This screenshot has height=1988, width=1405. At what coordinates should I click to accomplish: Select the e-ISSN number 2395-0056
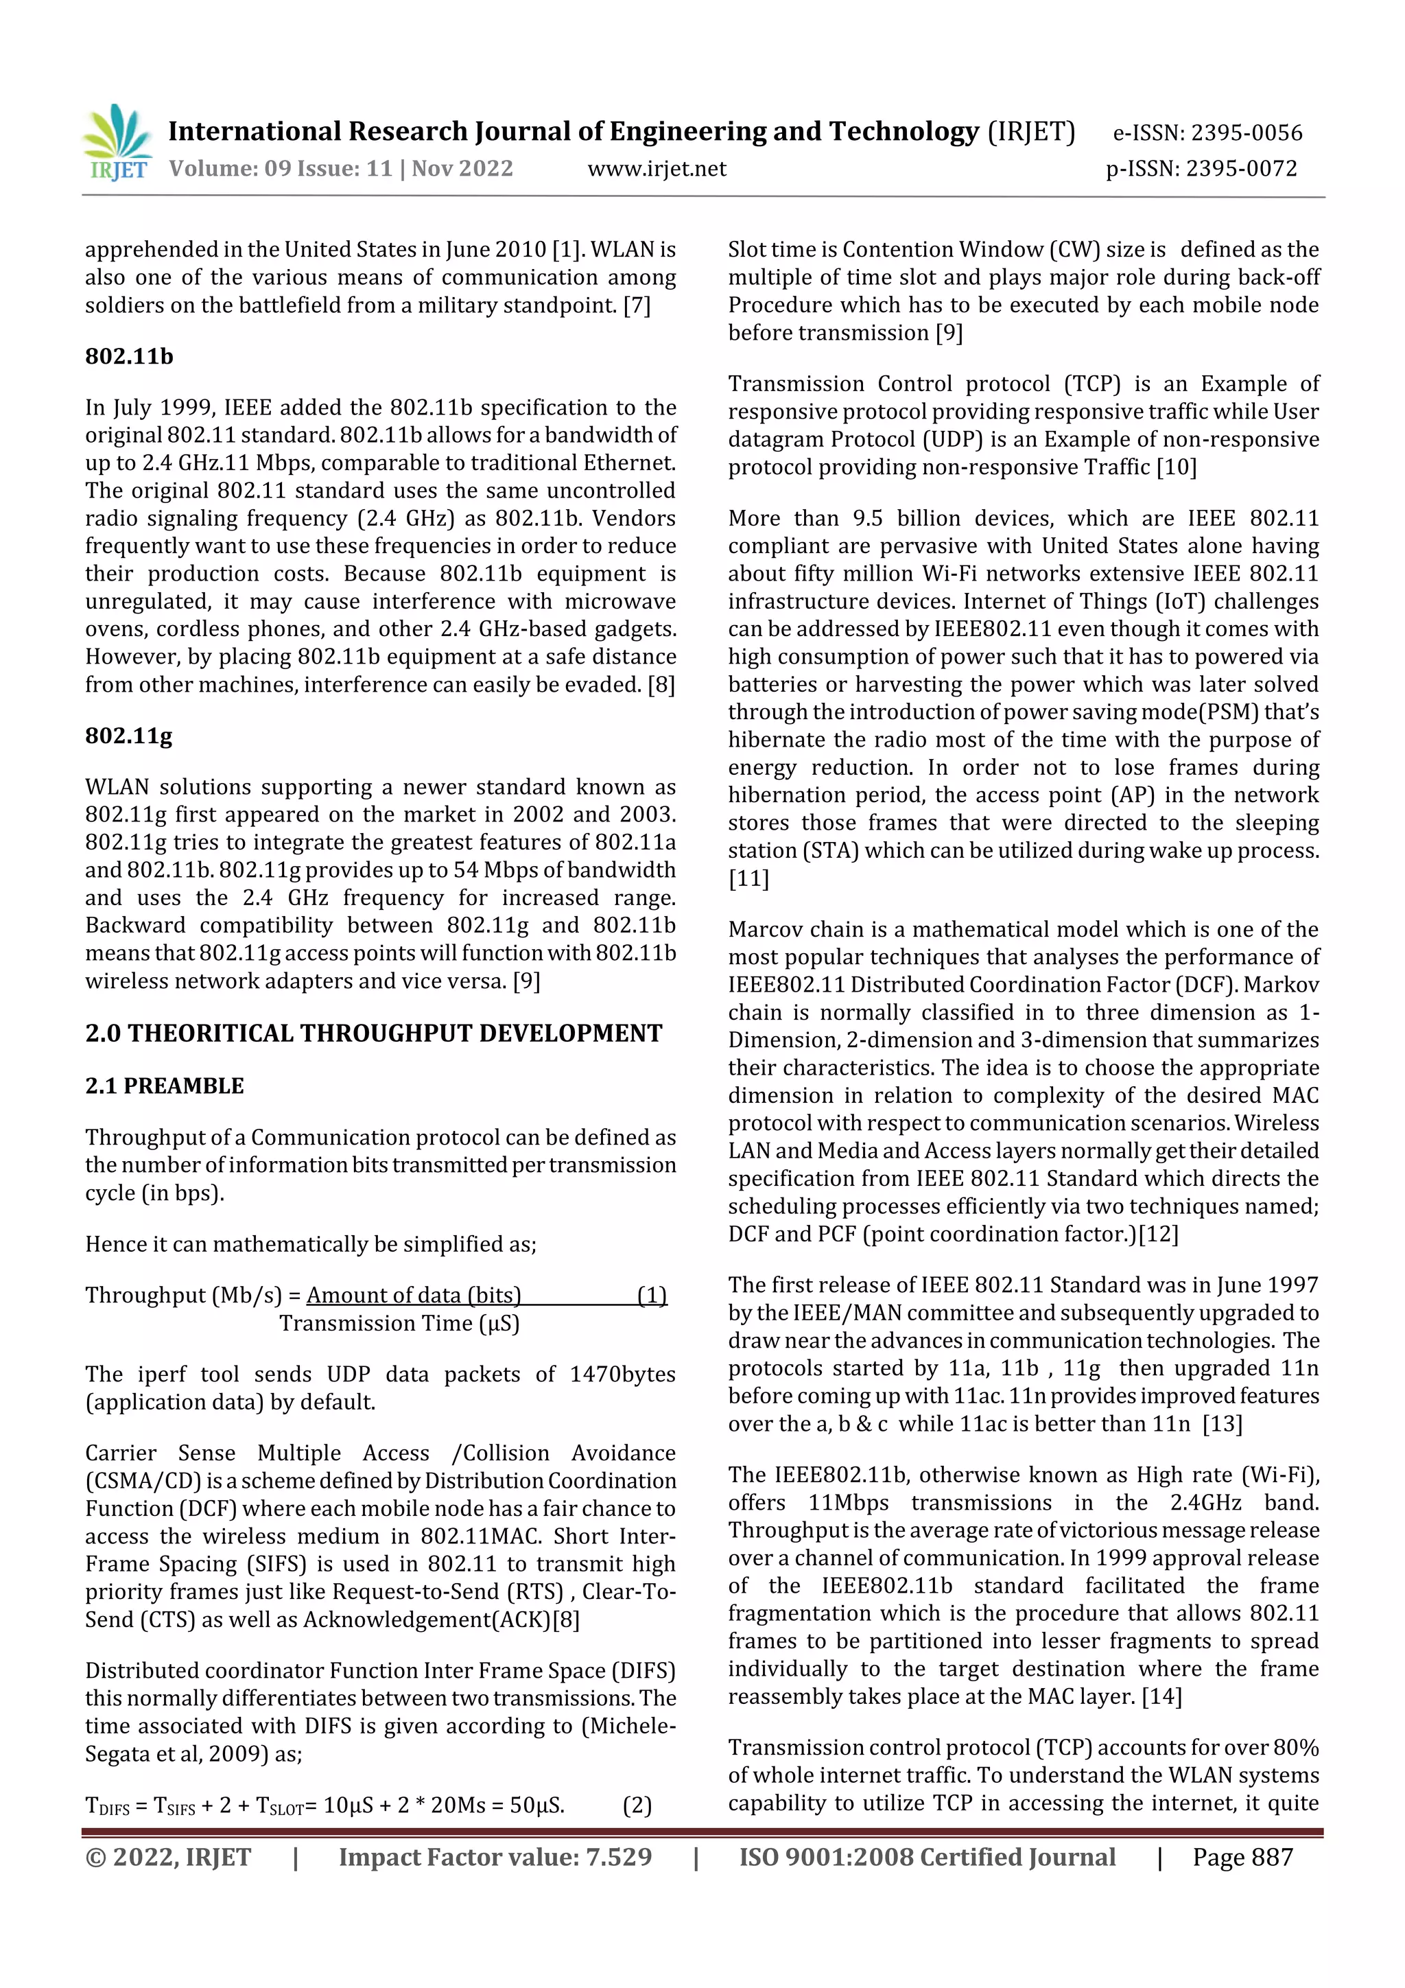1246,133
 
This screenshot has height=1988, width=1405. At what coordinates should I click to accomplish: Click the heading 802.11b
129,357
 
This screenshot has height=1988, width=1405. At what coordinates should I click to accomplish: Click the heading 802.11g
129,736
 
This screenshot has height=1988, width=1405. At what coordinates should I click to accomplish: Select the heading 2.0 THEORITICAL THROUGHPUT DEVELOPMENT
373,1034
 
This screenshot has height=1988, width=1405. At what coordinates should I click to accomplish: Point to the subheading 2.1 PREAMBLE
165,1086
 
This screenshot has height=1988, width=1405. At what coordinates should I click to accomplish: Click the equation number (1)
652,1296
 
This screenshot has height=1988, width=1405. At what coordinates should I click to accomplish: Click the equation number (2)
637,1805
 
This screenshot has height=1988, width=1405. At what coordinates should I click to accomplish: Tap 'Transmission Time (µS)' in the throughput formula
399,1323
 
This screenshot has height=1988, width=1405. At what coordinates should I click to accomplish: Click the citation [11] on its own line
749,879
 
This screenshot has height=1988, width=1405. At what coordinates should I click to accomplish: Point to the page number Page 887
1242,1857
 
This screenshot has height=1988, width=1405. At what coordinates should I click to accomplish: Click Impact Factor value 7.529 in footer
495,1857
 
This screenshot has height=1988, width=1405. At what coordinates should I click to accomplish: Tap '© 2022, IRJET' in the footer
168,1857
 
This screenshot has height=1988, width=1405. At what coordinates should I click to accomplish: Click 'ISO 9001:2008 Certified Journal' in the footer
927,1857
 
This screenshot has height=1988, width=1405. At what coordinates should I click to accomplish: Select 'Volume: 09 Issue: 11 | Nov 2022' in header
341,169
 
